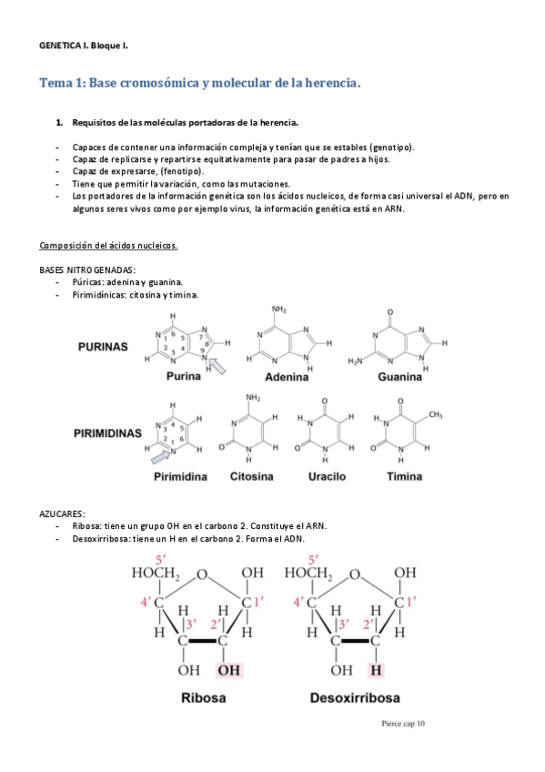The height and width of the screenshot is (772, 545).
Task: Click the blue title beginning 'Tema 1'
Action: [200, 83]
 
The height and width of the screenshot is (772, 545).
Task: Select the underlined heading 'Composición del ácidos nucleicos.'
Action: [108, 246]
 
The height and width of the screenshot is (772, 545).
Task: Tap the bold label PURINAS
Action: [103, 347]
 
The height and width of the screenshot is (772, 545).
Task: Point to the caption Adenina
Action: [286, 377]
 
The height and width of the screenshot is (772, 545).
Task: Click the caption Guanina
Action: [399, 377]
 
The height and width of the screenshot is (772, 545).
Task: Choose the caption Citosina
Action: [252, 476]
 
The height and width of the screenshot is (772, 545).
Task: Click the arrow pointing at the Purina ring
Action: [218, 366]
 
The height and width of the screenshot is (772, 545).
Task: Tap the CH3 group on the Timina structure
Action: [435, 415]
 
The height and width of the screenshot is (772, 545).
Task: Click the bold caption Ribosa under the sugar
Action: [204, 700]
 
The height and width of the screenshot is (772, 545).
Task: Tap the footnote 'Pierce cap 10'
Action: [403, 725]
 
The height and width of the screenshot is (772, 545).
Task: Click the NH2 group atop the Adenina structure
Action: [278, 310]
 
